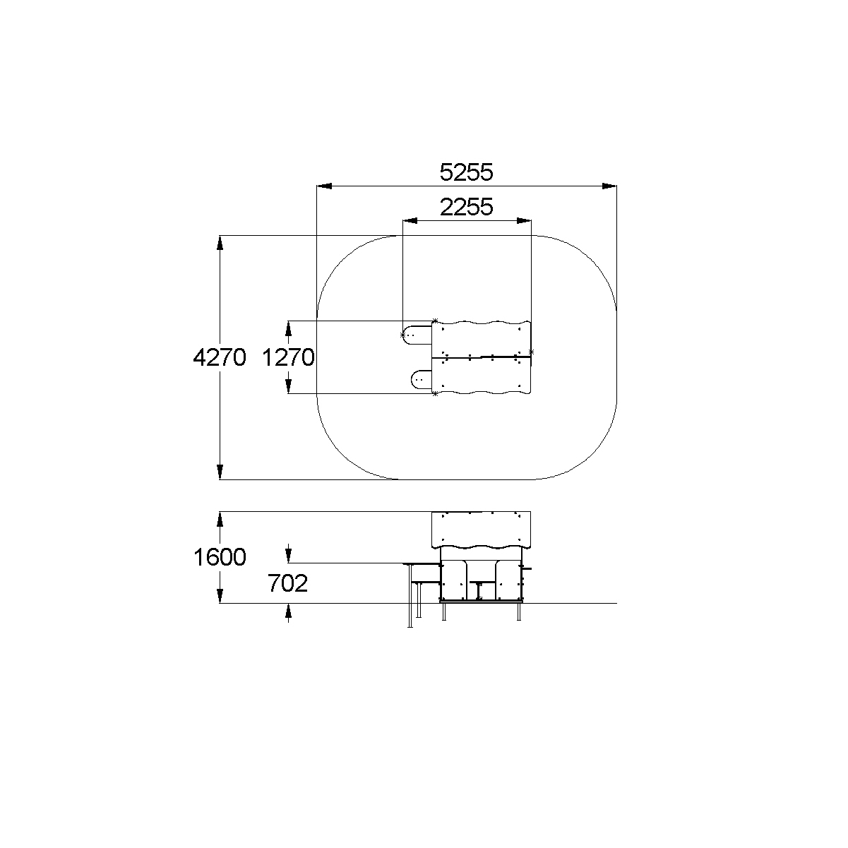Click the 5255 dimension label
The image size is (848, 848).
467,172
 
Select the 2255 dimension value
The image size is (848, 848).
467,207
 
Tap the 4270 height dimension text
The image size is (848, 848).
220,357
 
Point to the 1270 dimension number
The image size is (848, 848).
288,357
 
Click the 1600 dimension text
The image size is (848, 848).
220,557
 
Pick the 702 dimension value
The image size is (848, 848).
288,583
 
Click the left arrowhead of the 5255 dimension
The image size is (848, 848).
324,186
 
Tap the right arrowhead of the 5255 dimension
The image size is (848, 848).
609,186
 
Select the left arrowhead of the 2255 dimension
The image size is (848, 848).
410,220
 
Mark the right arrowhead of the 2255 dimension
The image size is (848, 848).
524,220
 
